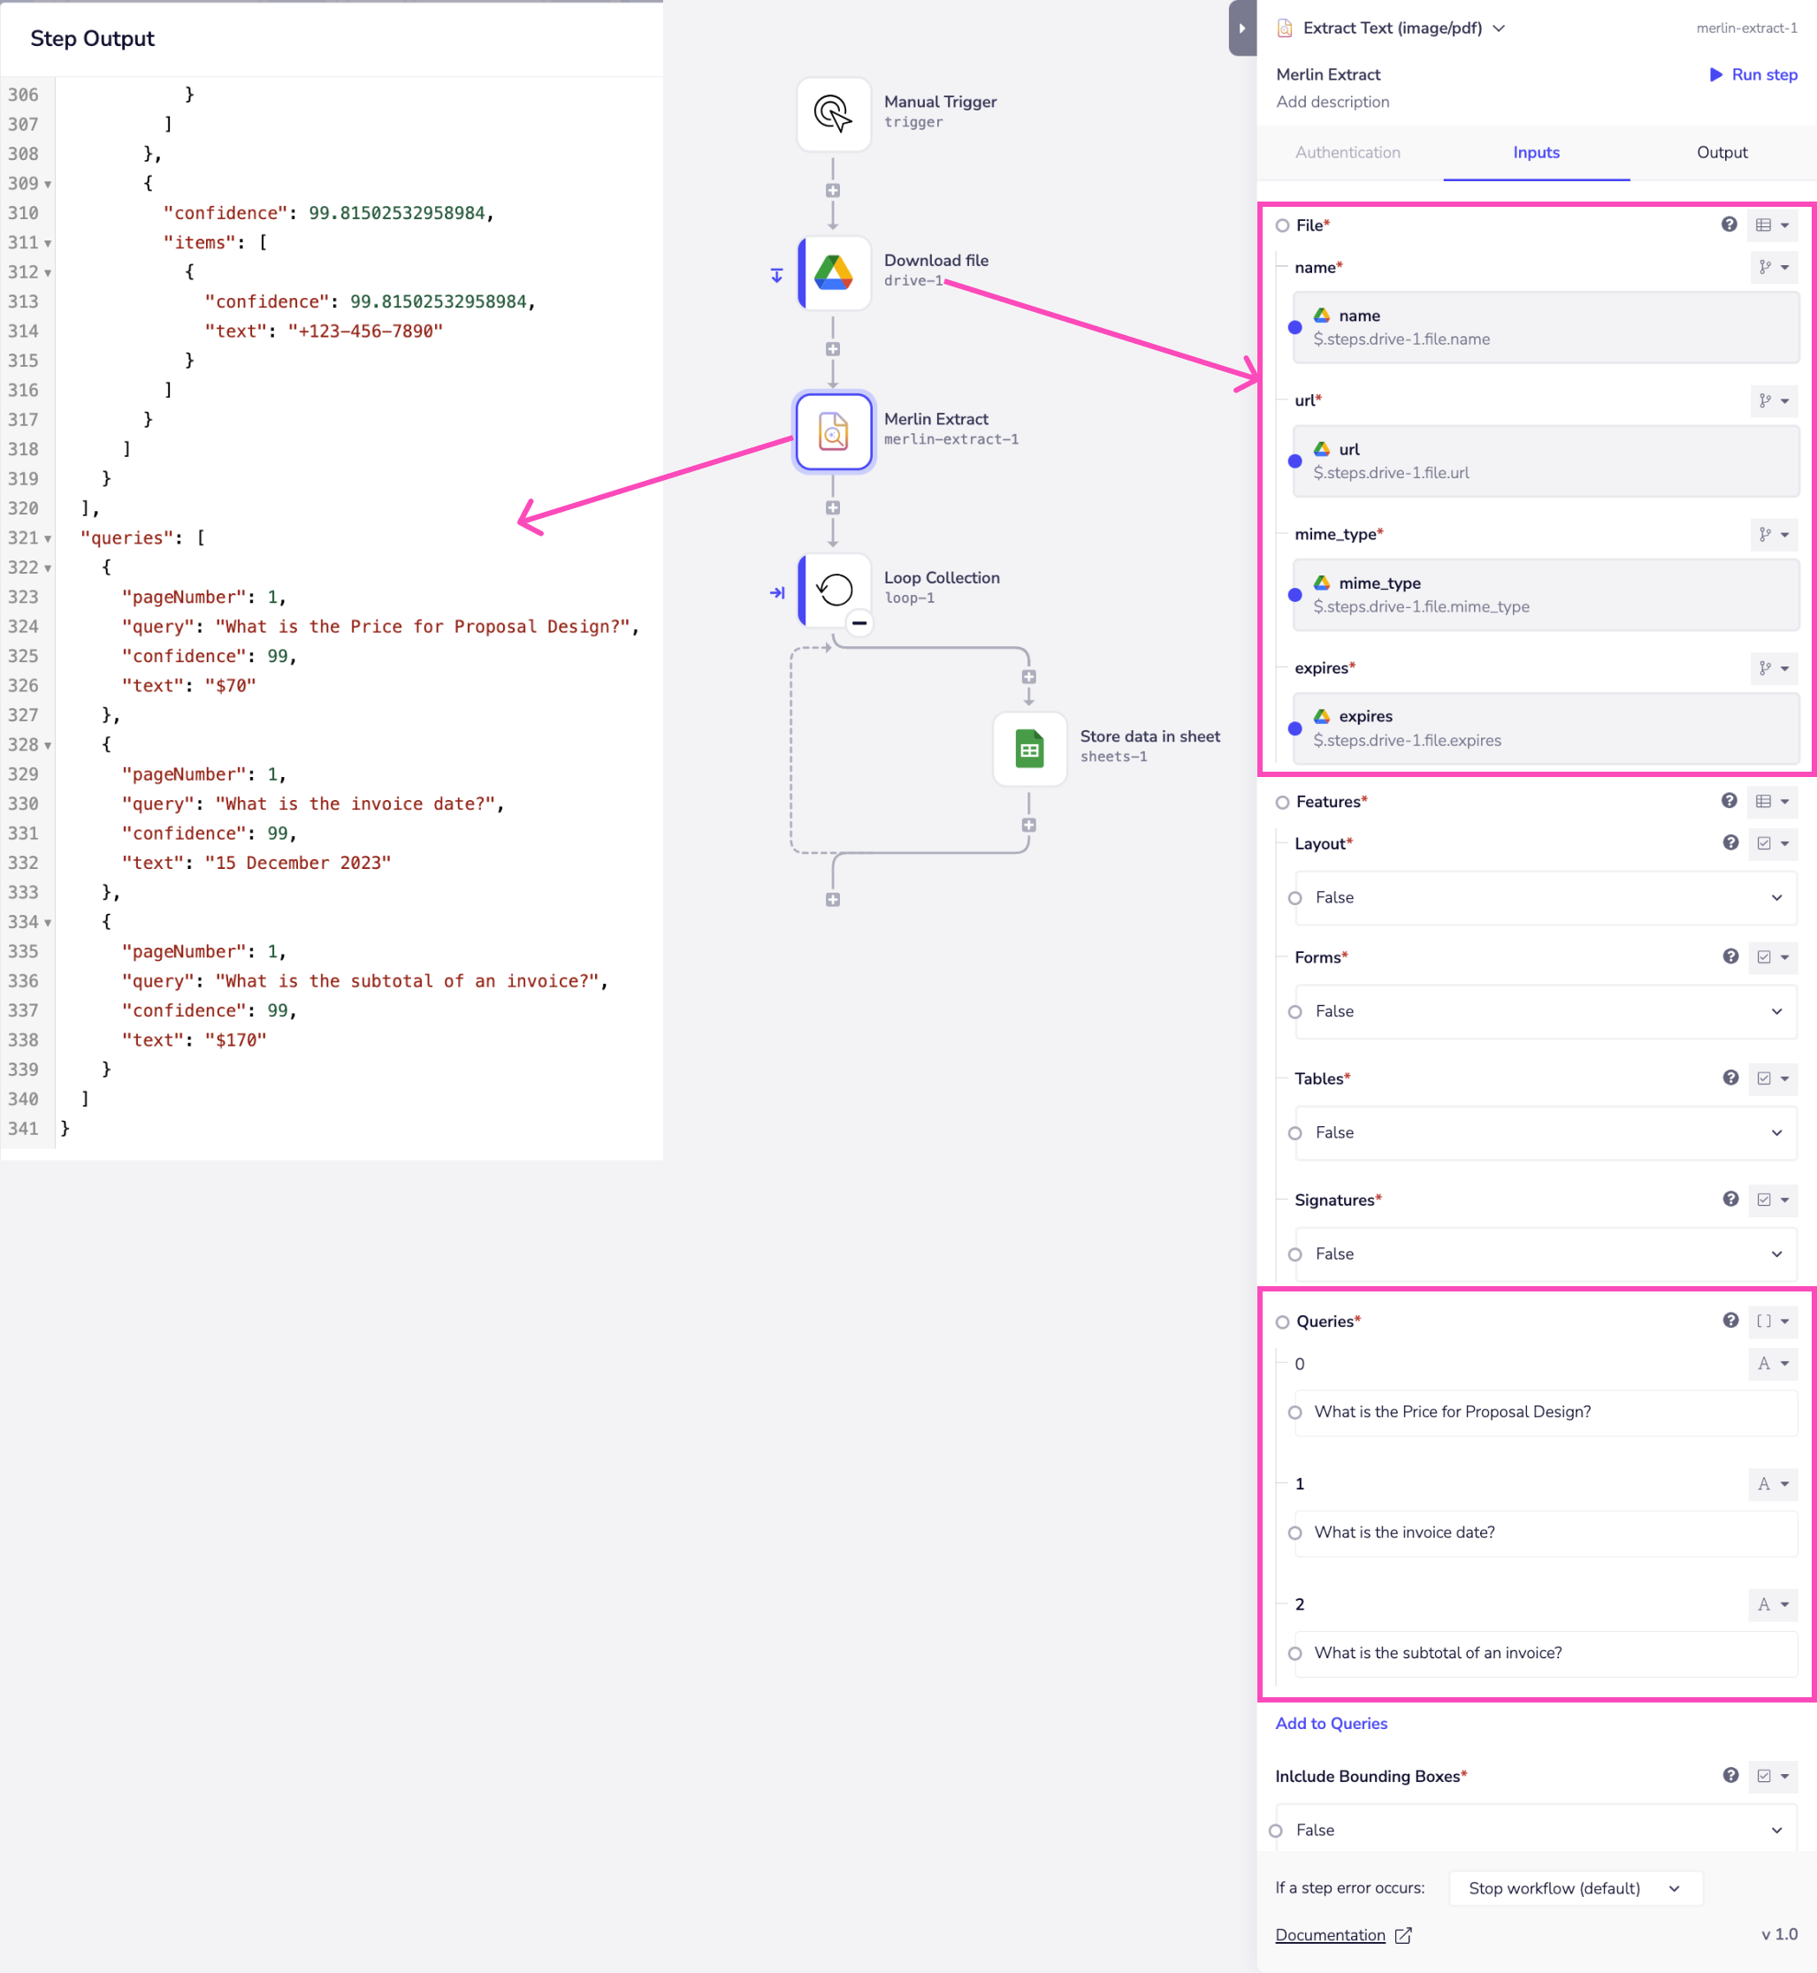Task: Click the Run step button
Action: click(x=1753, y=75)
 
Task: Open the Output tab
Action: click(x=1721, y=152)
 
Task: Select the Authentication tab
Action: click(x=1347, y=152)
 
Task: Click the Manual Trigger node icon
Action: click(x=833, y=114)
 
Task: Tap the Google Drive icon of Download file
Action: click(x=833, y=272)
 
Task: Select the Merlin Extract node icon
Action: click(x=833, y=431)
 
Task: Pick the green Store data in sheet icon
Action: click(x=1028, y=749)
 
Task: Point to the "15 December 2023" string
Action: click(x=298, y=862)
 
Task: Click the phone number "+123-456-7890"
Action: click(x=365, y=331)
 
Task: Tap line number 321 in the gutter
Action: click(x=24, y=537)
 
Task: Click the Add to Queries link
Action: click(x=1331, y=1724)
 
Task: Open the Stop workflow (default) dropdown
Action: click(x=1574, y=1888)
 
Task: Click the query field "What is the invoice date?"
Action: click(x=1544, y=1533)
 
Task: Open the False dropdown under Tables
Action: click(x=1544, y=1132)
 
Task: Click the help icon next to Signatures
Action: click(x=1729, y=1200)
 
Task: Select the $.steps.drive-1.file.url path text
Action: click(x=1390, y=473)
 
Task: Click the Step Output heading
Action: click(x=93, y=38)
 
